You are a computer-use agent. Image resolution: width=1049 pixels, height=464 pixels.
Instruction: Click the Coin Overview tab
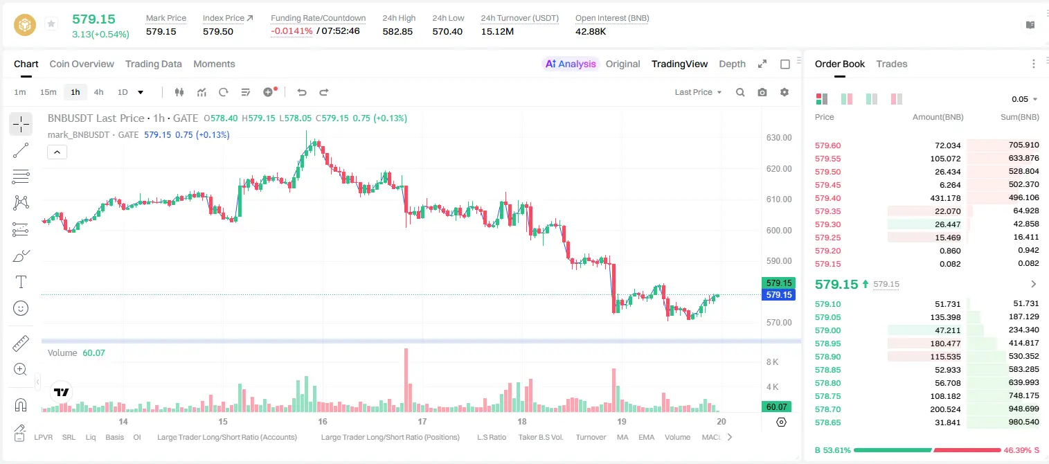[x=82, y=64]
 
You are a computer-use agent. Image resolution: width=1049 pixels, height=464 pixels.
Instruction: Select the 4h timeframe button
[x=98, y=92]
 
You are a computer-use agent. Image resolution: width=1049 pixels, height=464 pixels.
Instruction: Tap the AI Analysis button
[x=570, y=64]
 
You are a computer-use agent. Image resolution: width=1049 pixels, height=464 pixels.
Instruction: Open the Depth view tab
[x=732, y=64]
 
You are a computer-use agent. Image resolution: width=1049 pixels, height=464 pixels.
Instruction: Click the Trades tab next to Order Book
[x=891, y=64]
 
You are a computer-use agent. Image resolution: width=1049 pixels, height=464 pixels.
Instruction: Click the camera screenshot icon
[x=762, y=92]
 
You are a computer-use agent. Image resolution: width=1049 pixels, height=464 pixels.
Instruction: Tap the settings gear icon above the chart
[x=784, y=92]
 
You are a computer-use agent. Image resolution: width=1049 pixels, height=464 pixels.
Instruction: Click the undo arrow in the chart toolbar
[x=302, y=92]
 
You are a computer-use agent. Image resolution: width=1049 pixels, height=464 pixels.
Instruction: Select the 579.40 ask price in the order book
[x=827, y=198]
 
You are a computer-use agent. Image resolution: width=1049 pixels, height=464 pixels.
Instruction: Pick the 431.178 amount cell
[x=945, y=198]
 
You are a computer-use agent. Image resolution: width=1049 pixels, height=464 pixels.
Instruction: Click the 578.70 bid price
[x=827, y=409]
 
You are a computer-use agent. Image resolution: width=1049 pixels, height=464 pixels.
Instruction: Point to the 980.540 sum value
[x=1023, y=422]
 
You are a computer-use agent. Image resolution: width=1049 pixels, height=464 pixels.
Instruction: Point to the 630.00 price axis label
[x=779, y=138]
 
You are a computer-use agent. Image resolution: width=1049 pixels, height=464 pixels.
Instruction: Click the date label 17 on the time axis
[x=422, y=421]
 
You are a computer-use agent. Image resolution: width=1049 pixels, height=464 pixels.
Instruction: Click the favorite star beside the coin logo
[x=51, y=24]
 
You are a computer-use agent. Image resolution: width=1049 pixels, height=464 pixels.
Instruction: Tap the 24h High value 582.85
[x=397, y=31]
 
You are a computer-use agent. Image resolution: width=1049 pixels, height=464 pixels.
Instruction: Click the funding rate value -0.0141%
[x=292, y=31]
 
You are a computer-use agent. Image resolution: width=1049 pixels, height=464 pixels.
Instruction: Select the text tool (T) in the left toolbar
[x=21, y=282]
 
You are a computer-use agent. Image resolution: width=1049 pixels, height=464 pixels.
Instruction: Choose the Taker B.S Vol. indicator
[x=540, y=437]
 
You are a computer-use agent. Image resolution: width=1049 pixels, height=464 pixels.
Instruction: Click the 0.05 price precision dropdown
[x=1024, y=99]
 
